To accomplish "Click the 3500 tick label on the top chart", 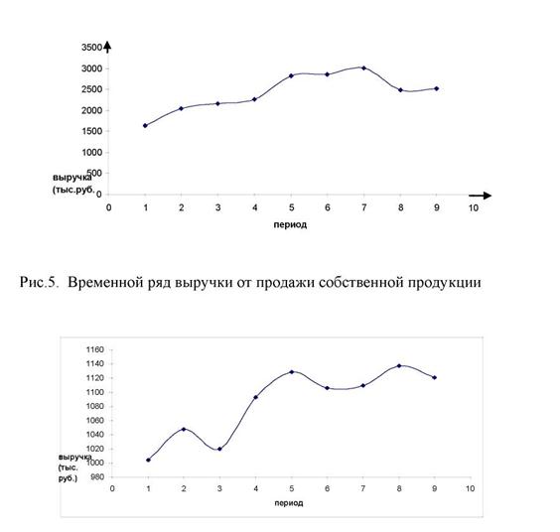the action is (x=91, y=47).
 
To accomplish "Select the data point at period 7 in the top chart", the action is (x=364, y=67).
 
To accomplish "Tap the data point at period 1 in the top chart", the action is (x=145, y=126).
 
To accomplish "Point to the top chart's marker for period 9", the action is (x=437, y=88).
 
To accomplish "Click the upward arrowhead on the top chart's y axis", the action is (x=107, y=47).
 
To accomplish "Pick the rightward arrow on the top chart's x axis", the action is (x=481, y=196).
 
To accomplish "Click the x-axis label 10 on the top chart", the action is (x=474, y=207).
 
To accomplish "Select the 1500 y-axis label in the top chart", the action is (x=91, y=131).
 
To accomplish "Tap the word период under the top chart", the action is (x=290, y=225).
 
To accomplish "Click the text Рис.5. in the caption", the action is (x=39, y=283).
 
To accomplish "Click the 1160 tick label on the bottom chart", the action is (x=95, y=349).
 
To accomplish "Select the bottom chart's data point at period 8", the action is (x=399, y=365).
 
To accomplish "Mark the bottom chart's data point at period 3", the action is (x=219, y=449).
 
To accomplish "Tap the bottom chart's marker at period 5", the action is (x=292, y=371).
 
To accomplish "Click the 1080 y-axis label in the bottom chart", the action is (x=95, y=406).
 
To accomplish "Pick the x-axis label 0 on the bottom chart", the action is (x=112, y=488).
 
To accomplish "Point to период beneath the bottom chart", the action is (x=289, y=503).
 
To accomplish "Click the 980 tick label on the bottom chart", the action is (x=97, y=477).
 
